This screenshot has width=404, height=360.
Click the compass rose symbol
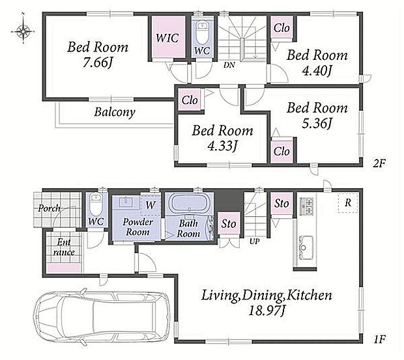pos(23,31)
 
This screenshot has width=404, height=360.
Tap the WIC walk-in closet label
pos(167,38)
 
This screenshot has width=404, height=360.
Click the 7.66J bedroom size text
pos(98,62)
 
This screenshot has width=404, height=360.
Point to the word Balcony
pos(115,112)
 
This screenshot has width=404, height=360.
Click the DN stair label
pos(229,65)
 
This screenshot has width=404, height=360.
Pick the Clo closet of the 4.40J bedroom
pos(281,27)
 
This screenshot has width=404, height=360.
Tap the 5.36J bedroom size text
pos(317,124)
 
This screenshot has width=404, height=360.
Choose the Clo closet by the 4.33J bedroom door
pos(190,100)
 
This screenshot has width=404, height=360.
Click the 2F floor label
pos(379,163)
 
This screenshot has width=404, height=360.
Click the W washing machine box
pos(151,205)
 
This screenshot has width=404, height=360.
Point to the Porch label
pos(50,208)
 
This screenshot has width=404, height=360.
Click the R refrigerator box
pos(348,202)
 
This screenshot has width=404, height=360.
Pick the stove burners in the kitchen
pos(306,206)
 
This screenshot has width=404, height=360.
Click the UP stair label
pos(254,242)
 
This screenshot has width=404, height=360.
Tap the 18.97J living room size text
pos(267,311)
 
